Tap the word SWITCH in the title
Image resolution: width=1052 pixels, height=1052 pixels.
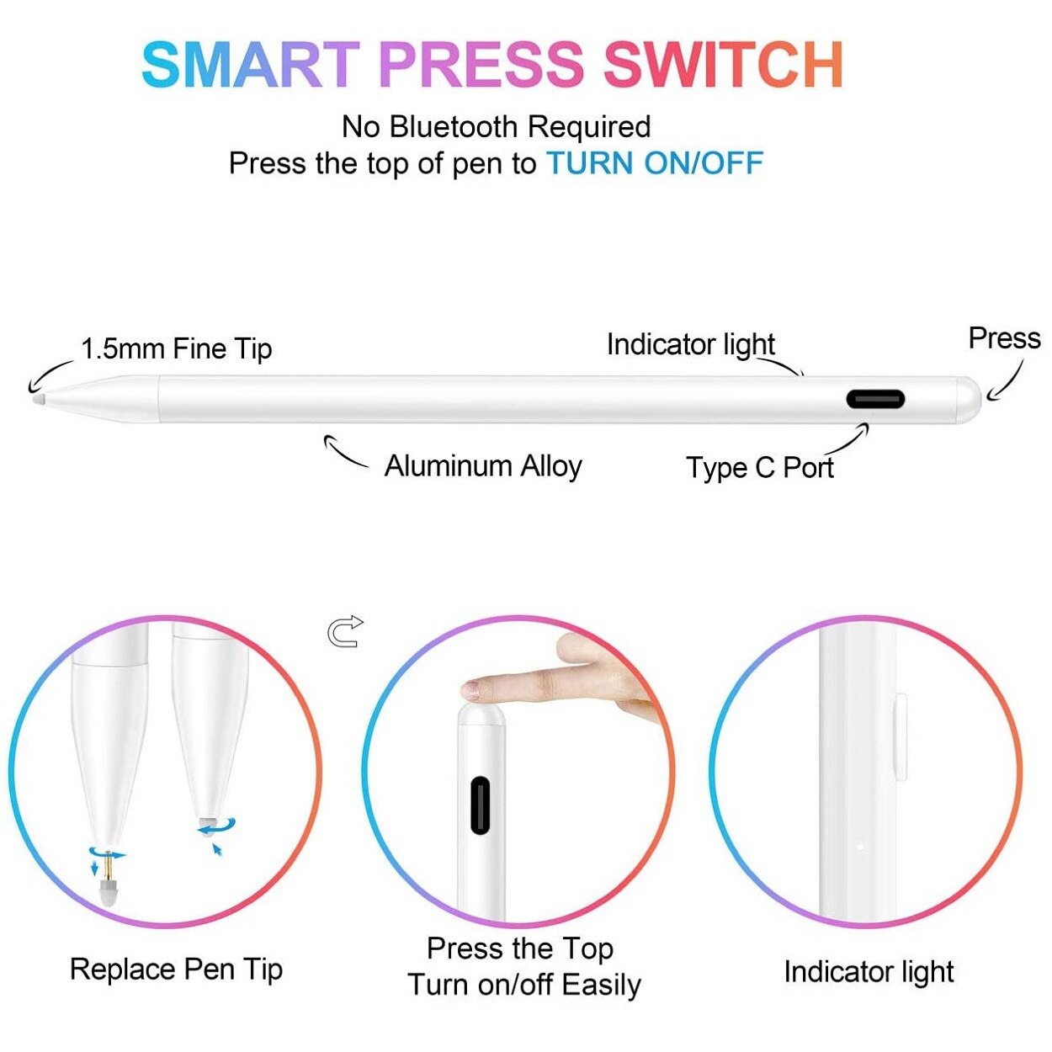723,65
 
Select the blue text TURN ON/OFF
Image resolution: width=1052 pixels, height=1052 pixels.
655,163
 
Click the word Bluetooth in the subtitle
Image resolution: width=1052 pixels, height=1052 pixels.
454,127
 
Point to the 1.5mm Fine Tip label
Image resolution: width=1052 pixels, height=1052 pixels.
176,348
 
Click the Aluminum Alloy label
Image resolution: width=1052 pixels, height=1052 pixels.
483,465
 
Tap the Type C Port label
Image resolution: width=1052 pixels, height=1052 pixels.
759,468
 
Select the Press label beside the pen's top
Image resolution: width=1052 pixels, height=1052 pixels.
1004,338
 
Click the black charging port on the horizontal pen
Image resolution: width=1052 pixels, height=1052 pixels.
875,399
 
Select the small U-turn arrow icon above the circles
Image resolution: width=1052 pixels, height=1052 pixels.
345,631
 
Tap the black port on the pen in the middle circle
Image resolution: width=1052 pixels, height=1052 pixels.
480,805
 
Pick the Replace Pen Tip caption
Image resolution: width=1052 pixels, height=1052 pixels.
176,970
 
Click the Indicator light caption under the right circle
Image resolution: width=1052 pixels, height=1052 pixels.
869,972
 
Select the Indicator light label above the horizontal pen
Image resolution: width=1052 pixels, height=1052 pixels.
690,345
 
